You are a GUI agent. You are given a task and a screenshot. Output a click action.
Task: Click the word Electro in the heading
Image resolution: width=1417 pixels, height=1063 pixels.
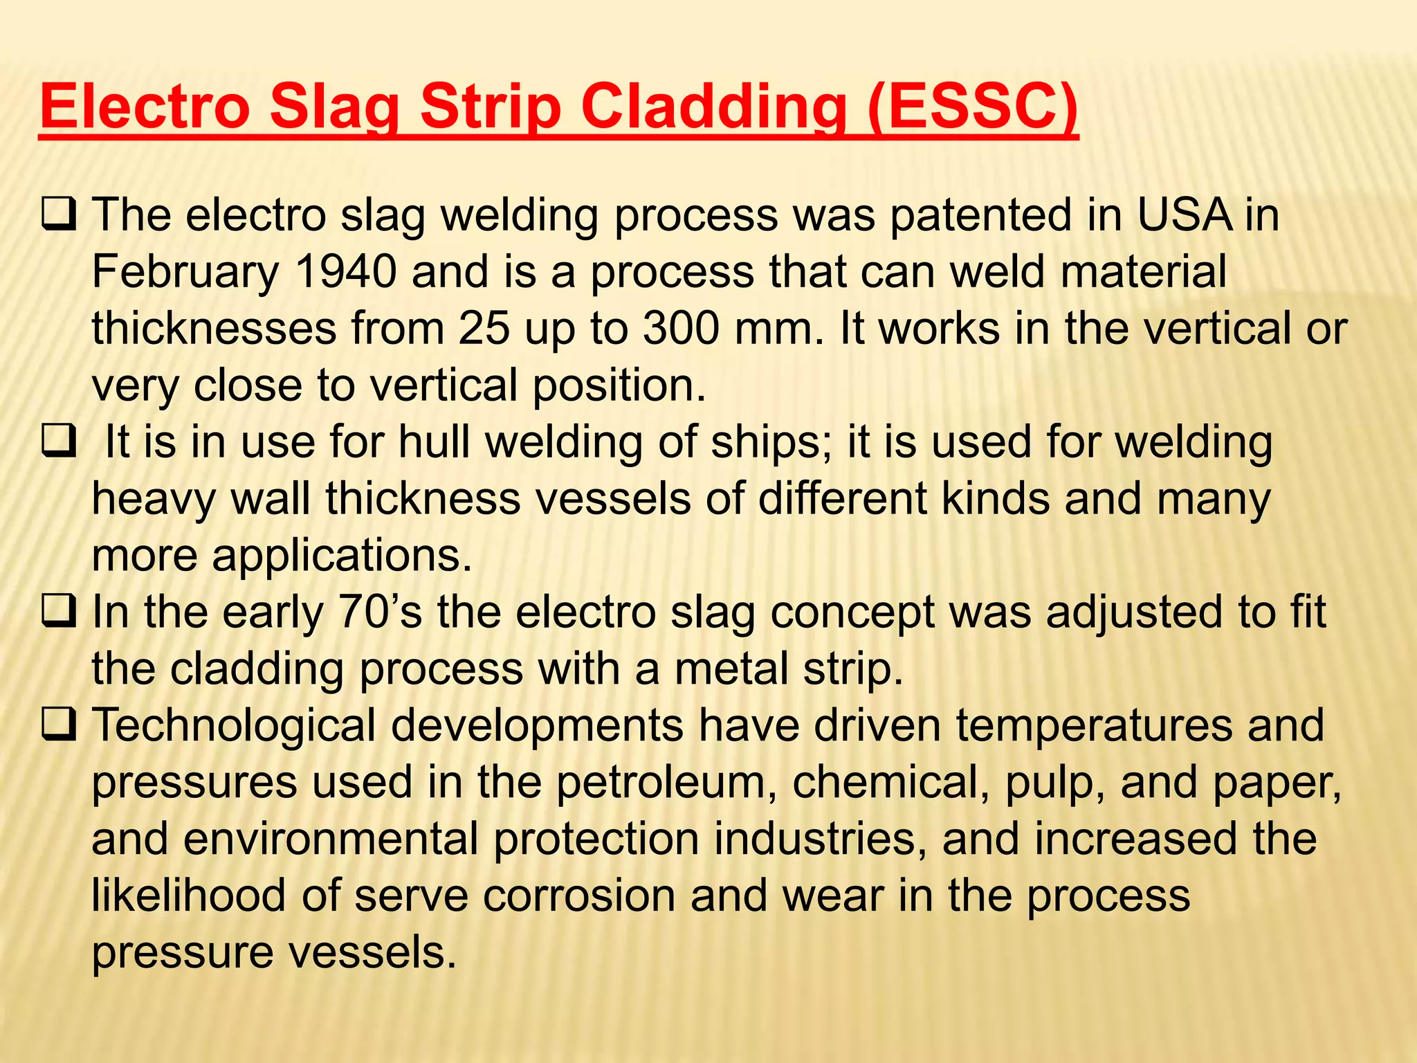145,106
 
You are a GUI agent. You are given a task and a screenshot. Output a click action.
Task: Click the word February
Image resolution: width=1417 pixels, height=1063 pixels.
185,273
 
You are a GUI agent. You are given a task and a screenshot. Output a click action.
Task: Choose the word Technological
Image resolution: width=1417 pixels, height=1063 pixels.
233,727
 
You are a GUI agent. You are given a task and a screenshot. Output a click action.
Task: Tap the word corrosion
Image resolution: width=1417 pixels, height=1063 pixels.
578,896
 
